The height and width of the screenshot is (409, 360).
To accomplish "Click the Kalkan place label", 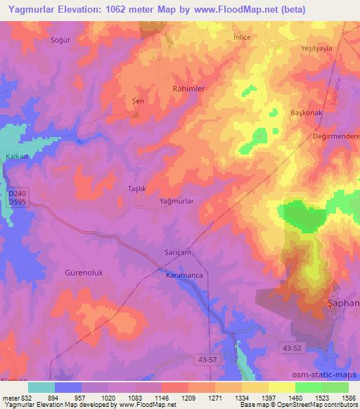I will point(17,156).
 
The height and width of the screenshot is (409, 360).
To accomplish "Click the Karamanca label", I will point(184,275).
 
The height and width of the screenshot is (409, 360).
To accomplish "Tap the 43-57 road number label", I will point(207,359).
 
